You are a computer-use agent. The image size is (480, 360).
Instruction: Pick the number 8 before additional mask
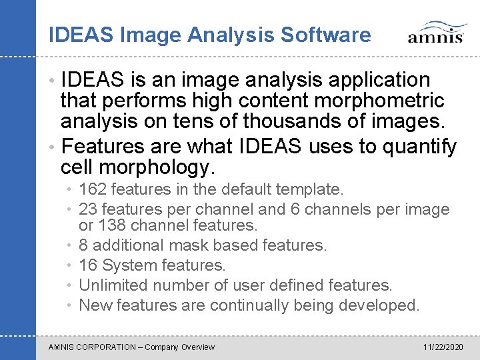(x=83, y=245)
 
